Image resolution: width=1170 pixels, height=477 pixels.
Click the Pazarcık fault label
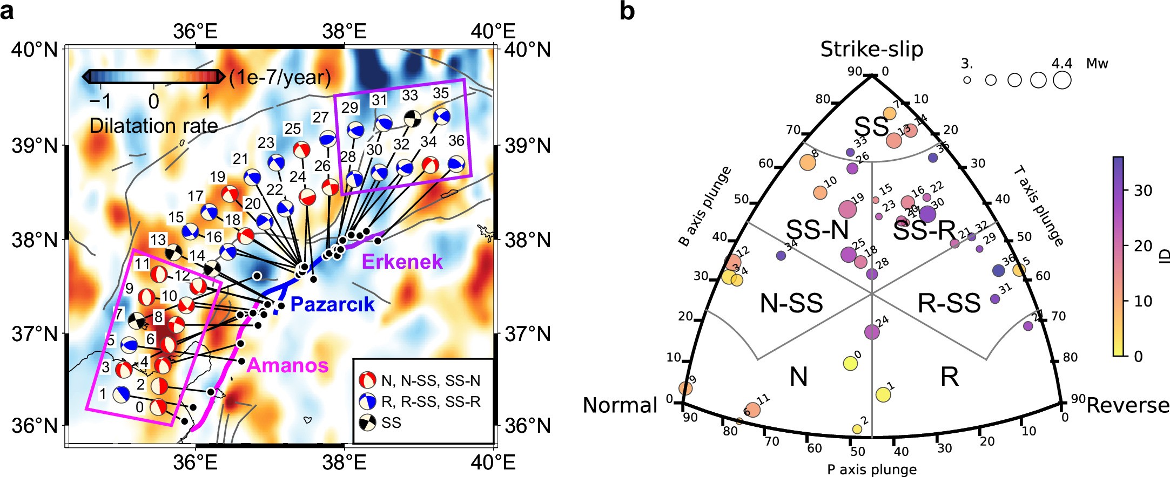click(332, 304)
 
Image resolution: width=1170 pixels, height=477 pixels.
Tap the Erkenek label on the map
click(402, 262)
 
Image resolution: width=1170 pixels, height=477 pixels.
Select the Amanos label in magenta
click(287, 366)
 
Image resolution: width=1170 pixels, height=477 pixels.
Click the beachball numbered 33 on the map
click(413, 118)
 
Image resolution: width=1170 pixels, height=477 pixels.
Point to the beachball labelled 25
click(301, 150)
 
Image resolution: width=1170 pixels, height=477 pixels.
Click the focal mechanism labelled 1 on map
click(122, 394)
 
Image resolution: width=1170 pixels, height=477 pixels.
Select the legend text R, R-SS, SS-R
click(431, 402)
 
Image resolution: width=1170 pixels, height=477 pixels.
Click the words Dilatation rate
click(153, 126)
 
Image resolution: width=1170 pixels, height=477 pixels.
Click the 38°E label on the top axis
click(344, 31)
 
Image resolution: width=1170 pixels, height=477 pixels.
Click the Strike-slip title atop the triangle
click(871, 49)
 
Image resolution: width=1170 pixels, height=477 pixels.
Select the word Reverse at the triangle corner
click(1127, 405)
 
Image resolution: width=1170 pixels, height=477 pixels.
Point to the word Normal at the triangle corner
click(620, 405)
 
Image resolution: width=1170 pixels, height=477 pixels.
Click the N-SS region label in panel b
click(791, 303)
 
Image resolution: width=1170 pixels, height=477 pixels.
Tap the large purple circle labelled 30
click(927, 214)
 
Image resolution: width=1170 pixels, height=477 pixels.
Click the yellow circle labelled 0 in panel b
click(850, 364)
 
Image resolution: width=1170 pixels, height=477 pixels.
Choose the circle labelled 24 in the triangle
click(872, 332)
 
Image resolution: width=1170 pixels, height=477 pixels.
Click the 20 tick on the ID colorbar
click(1142, 246)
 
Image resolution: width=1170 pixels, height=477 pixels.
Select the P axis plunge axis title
click(871, 469)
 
